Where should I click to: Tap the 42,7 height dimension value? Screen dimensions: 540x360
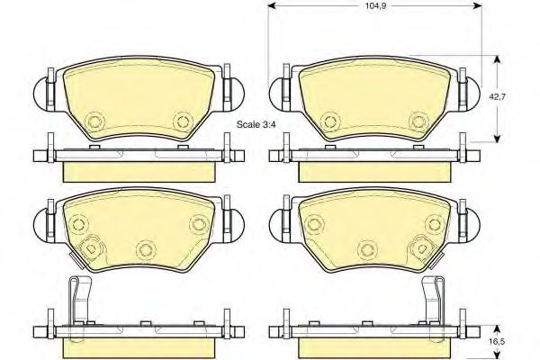click(x=498, y=97)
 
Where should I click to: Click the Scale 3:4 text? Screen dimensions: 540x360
click(x=256, y=124)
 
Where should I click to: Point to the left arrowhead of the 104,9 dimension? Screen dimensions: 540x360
click(x=273, y=6)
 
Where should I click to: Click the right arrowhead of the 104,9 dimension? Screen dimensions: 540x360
click(x=477, y=6)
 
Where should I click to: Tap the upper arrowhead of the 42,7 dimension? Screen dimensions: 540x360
click(x=497, y=60)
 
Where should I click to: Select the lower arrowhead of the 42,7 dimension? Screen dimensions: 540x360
click(x=497, y=138)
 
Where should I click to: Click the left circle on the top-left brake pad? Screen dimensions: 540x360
click(x=94, y=121)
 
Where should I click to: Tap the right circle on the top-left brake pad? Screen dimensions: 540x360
click(x=184, y=121)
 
